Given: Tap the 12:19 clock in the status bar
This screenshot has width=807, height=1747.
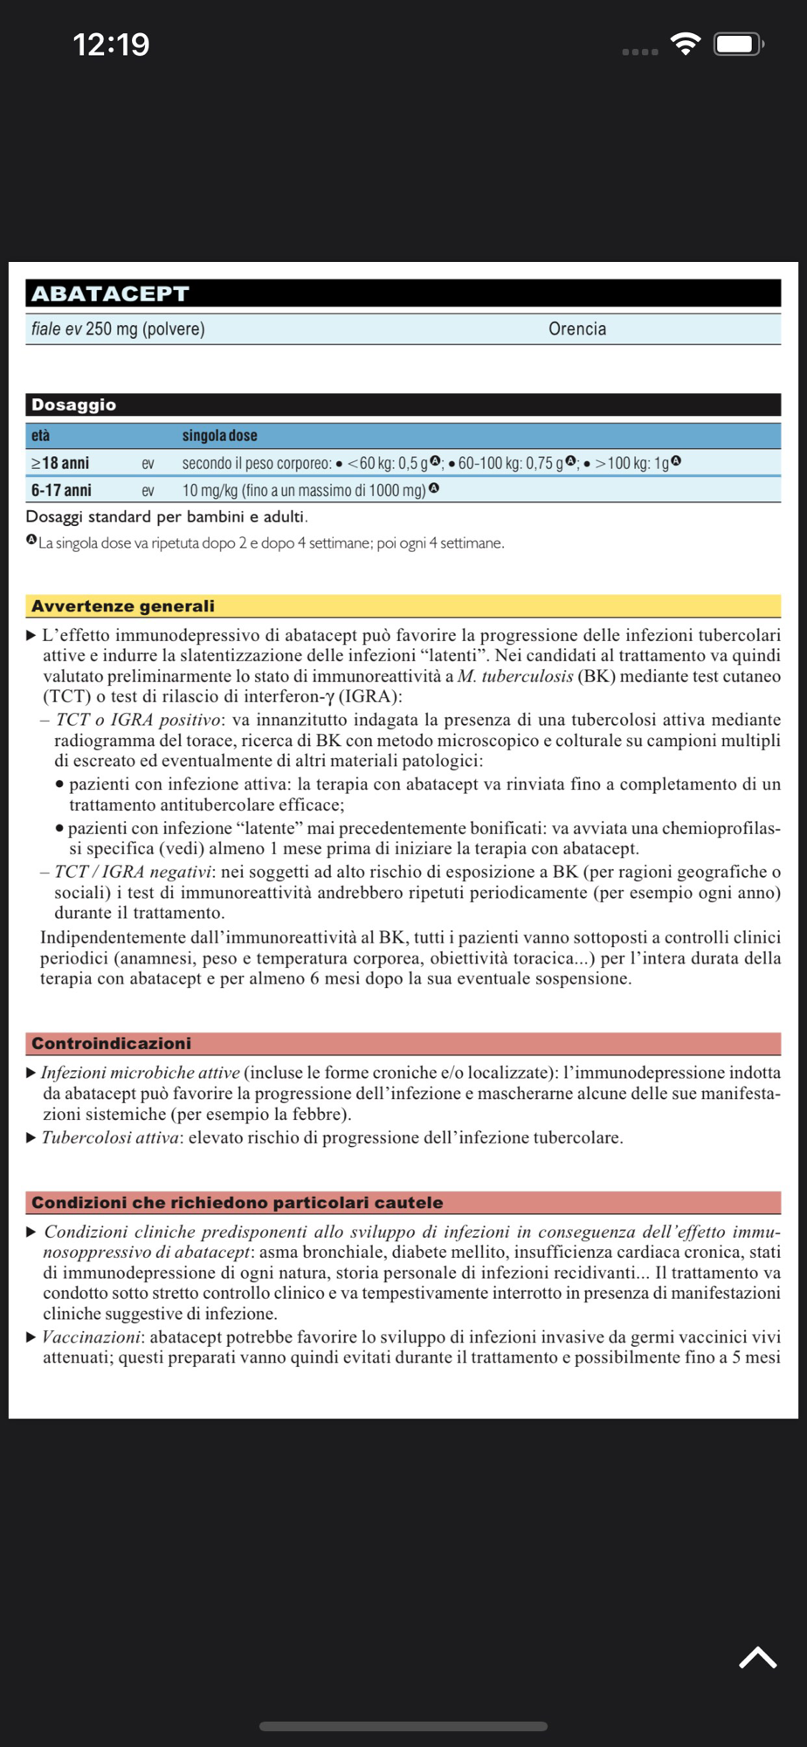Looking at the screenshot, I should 111,45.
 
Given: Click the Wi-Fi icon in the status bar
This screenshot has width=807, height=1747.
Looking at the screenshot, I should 686,44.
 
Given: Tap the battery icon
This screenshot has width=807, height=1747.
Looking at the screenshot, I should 738,44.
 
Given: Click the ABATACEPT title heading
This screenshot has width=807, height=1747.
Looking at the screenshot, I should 110,293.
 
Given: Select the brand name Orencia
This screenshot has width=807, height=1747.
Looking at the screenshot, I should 576,329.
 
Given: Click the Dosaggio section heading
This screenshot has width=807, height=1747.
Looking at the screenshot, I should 73,404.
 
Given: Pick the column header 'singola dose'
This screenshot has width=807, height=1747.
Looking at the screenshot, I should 219,435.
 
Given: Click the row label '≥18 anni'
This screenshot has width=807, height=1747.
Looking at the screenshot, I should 60,463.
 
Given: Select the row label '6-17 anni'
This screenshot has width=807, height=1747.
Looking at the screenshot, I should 61,490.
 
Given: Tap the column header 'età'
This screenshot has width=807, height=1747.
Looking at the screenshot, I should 40,435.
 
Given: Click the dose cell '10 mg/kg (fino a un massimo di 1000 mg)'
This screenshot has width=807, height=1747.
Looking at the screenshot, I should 304,490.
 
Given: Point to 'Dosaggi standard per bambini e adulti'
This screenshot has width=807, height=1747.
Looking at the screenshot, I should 166,516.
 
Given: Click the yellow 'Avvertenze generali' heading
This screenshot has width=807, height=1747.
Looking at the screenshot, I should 122,606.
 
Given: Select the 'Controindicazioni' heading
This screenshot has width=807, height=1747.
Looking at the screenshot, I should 111,1044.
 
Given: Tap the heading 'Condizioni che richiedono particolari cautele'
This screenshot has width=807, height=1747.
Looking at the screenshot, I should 237,1203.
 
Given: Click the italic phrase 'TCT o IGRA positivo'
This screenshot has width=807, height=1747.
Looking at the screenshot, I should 139,720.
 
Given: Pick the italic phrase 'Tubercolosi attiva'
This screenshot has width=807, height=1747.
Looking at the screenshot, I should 110,1137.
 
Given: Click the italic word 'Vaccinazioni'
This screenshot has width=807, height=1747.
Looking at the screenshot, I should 91,1336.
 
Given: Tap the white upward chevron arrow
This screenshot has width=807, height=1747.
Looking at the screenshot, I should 757,1657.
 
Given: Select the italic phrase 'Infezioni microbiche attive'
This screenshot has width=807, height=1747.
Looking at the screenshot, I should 140,1073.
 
